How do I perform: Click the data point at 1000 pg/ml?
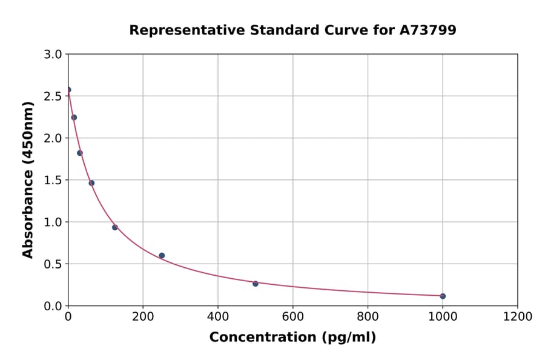click(443, 296)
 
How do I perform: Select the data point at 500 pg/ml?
click(256, 284)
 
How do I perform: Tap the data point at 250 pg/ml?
click(162, 255)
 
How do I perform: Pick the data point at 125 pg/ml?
click(115, 227)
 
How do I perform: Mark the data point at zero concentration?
click(68, 90)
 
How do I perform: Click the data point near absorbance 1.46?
click(91, 183)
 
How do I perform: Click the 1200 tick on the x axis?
click(517, 316)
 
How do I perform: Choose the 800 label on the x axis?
click(368, 316)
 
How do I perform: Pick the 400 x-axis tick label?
click(218, 316)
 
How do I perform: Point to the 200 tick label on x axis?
click(143, 316)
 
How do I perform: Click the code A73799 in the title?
click(428, 30)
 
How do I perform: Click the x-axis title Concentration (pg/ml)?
click(292, 338)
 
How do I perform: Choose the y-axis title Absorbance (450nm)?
click(28, 179)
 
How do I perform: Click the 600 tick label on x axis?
click(292, 316)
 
